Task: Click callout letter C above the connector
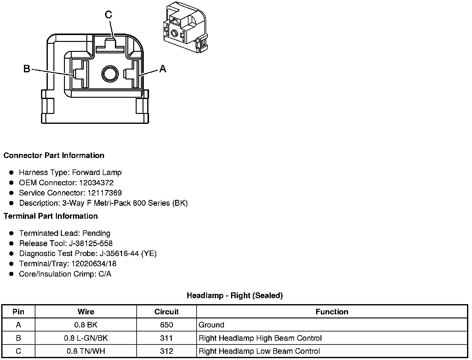click(108, 15)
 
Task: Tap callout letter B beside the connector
click(27, 69)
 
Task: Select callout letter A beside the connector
click(162, 69)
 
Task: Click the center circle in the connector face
click(110, 74)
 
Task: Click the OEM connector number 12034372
click(96, 183)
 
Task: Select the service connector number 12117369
click(104, 193)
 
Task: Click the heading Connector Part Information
click(54, 155)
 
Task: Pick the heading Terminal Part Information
click(51, 216)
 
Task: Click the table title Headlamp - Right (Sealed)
click(235, 295)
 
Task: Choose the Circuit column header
click(166, 312)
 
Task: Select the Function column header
click(332, 312)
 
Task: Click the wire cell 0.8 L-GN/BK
click(86, 338)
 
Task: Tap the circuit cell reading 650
click(166, 325)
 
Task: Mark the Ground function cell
click(211, 325)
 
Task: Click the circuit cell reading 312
click(166, 351)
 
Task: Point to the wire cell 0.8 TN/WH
click(86, 351)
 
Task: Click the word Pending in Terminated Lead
click(96, 233)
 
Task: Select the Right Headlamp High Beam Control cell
click(260, 338)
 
